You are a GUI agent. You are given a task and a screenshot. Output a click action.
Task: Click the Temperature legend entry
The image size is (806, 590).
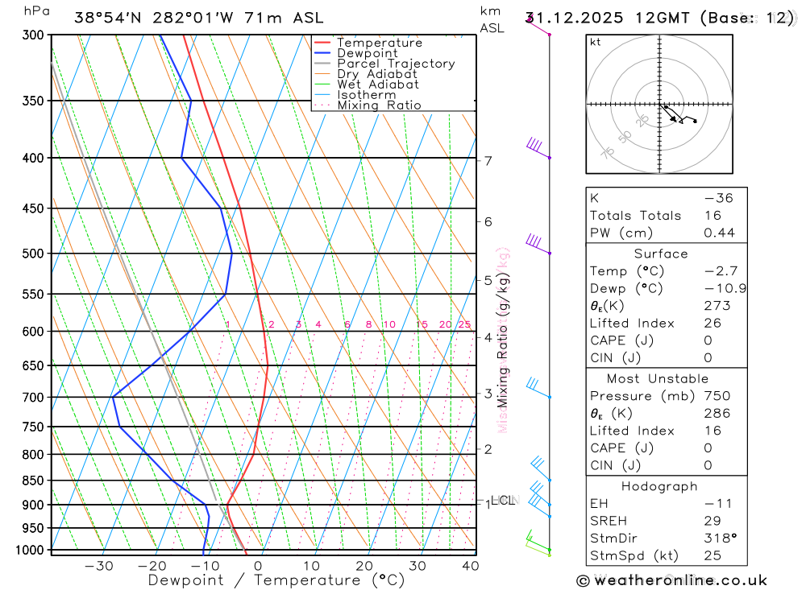point(379,43)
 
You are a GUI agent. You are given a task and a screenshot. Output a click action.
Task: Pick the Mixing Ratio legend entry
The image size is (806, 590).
point(379,105)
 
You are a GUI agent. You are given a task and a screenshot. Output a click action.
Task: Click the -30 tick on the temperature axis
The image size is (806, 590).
point(99,566)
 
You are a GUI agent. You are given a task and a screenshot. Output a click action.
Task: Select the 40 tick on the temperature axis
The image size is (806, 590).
point(471,566)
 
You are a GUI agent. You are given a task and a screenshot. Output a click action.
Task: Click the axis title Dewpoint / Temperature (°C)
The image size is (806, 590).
point(276,580)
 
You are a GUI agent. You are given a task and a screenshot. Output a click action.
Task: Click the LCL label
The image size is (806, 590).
point(502,501)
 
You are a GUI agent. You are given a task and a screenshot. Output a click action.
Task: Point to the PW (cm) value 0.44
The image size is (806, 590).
point(719,233)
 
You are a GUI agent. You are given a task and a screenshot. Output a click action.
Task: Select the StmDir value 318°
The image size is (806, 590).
point(719,538)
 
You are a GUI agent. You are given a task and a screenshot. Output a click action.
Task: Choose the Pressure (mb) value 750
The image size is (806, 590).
point(717,396)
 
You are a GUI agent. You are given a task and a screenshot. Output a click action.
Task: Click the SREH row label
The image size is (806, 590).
point(607,521)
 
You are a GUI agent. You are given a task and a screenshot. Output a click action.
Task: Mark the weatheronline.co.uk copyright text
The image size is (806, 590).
point(671,580)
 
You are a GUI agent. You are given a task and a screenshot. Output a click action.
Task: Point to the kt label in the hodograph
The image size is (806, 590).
point(596,42)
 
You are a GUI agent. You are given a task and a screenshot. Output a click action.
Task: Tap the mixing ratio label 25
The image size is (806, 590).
point(464,324)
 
